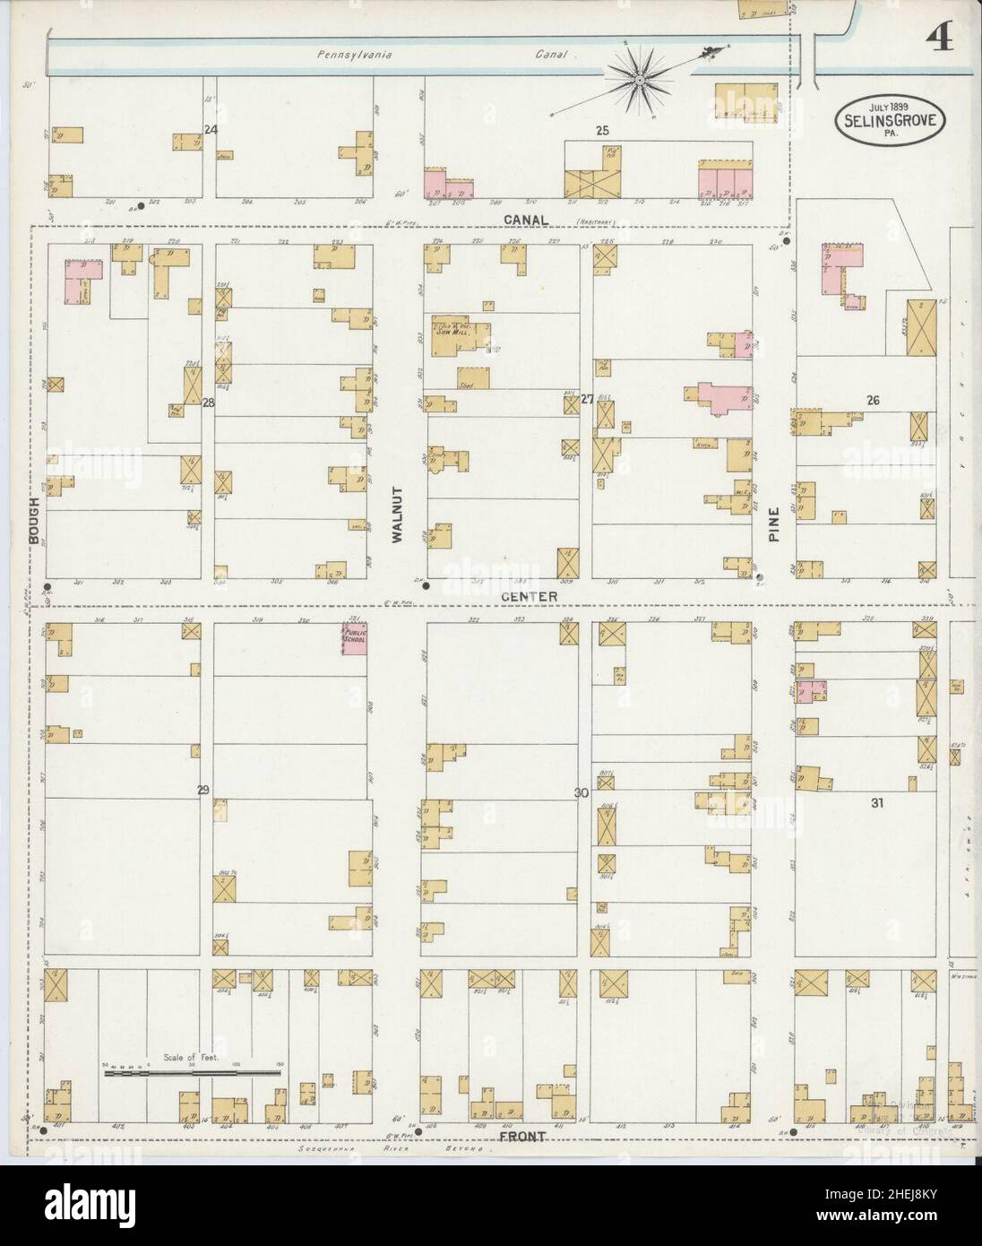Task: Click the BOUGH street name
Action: [x=34, y=520]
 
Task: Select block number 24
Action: [x=211, y=129]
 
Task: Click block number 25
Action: [x=602, y=131]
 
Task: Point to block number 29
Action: [x=203, y=790]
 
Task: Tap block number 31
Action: [x=877, y=803]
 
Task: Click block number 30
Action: [x=581, y=792]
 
